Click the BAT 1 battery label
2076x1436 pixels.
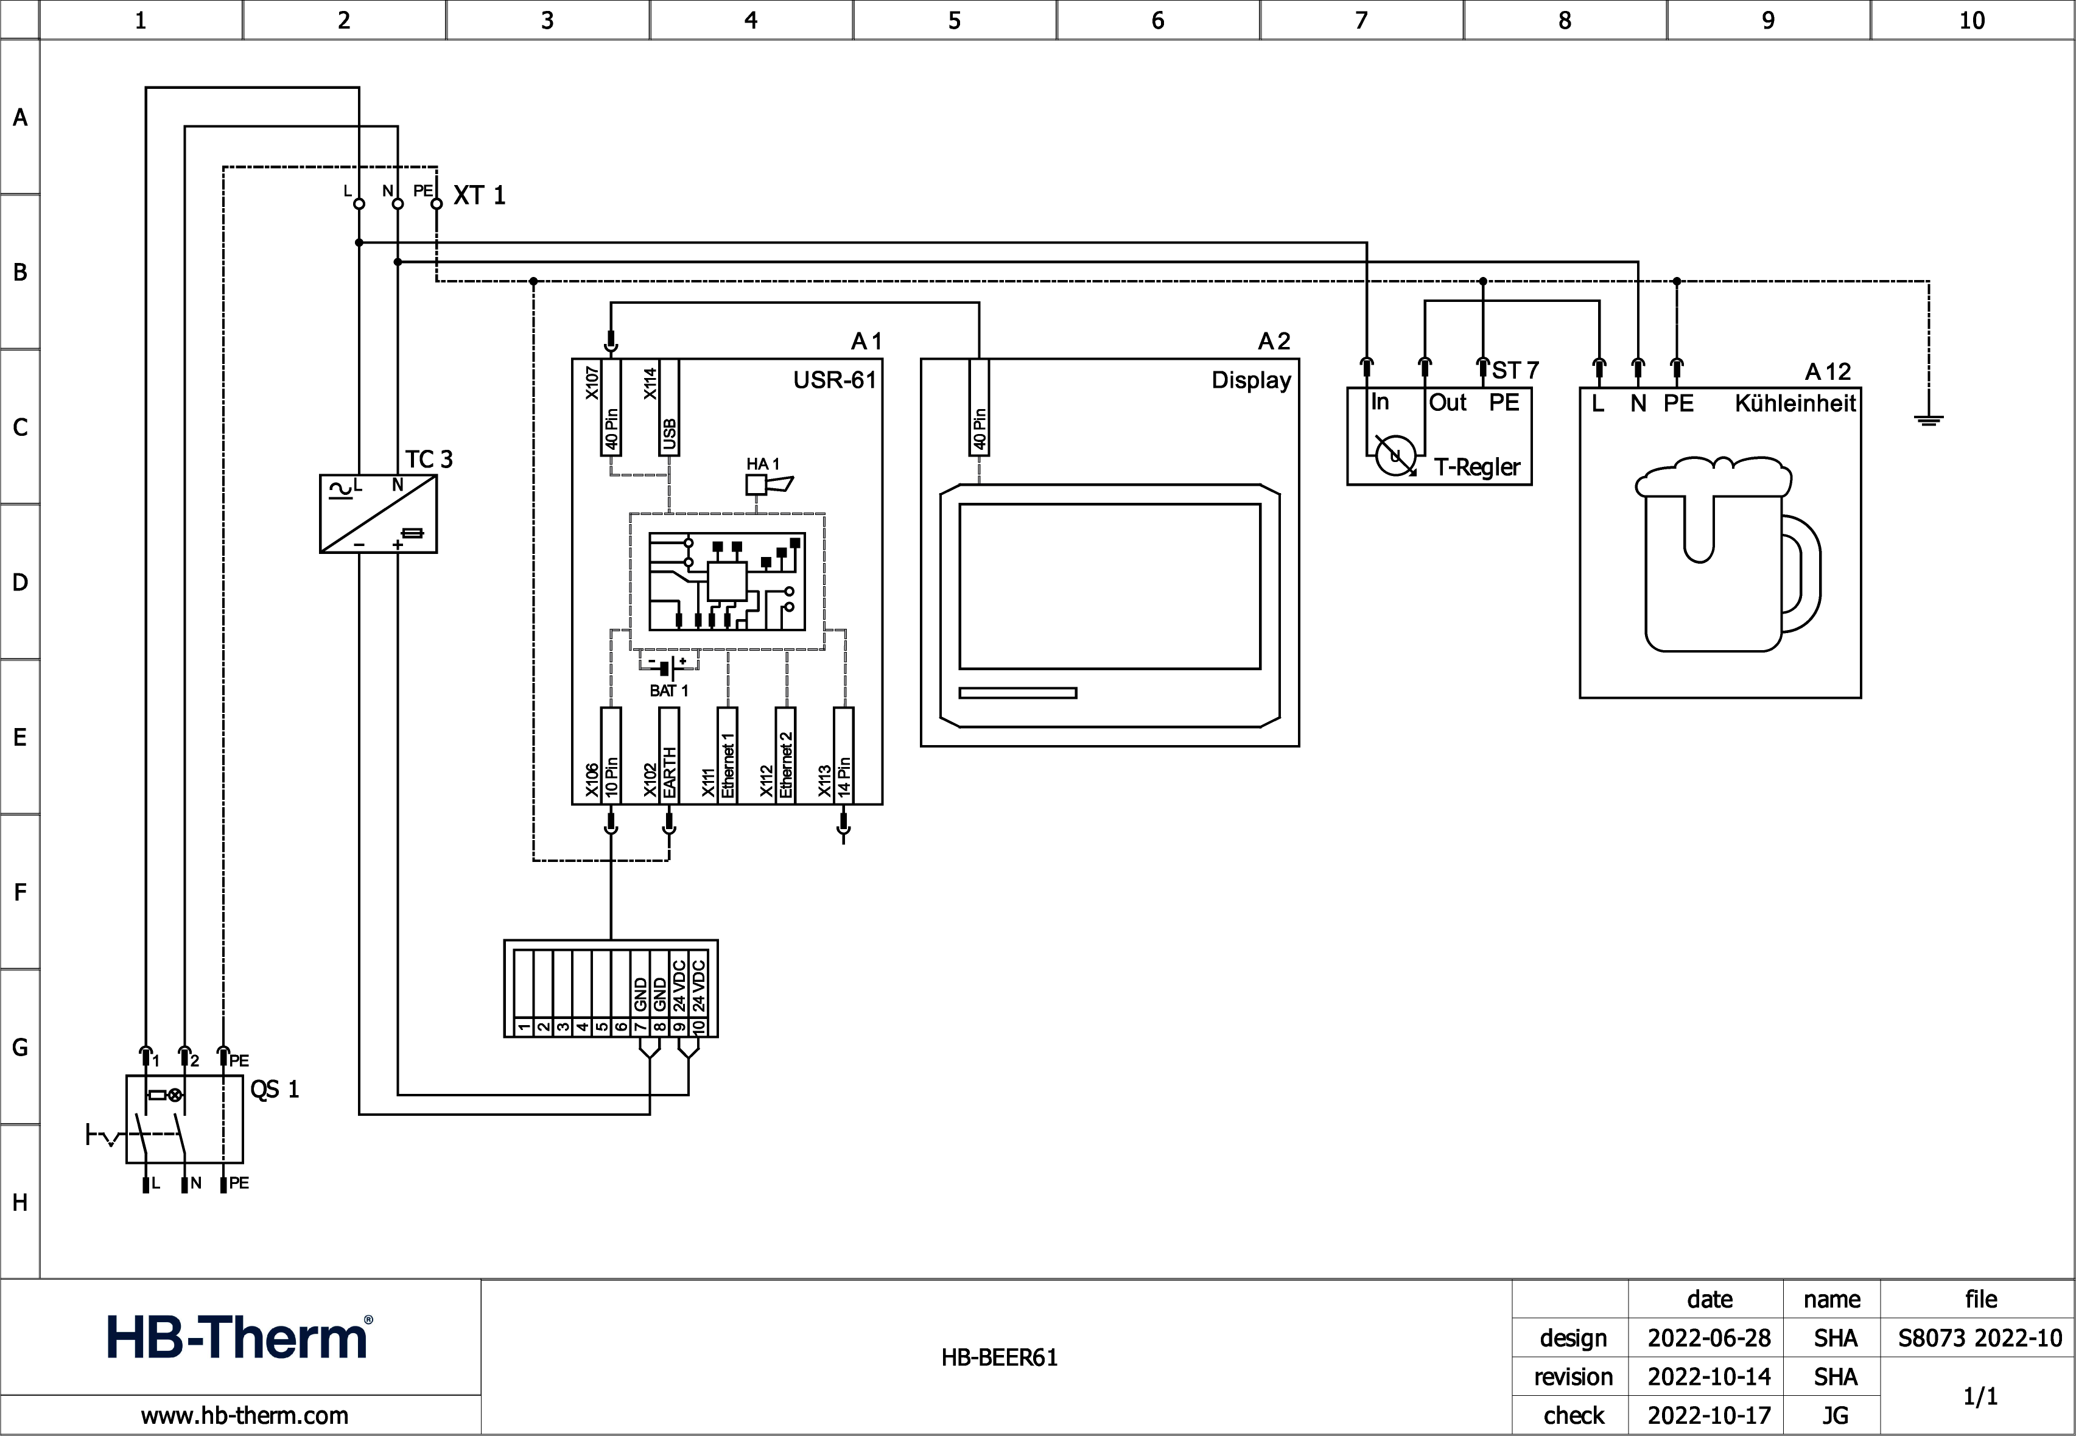click(x=668, y=690)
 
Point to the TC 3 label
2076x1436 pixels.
click(x=429, y=459)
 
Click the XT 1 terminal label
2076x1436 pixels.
click(x=479, y=195)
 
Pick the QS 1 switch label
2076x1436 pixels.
click(x=273, y=1090)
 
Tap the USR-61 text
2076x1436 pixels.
click(x=834, y=380)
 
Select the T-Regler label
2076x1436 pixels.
click(x=1477, y=467)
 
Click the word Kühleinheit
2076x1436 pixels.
click(x=1794, y=403)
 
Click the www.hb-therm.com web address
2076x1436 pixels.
click(x=245, y=1415)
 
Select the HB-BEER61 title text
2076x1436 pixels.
click(x=999, y=1357)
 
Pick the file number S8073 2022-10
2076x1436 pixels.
click(x=1980, y=1338)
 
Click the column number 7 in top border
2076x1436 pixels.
click(x=1361, y=20)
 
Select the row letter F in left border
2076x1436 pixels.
click(x=20, y=892)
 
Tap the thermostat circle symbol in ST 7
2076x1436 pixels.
click(x=1395, y=456)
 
